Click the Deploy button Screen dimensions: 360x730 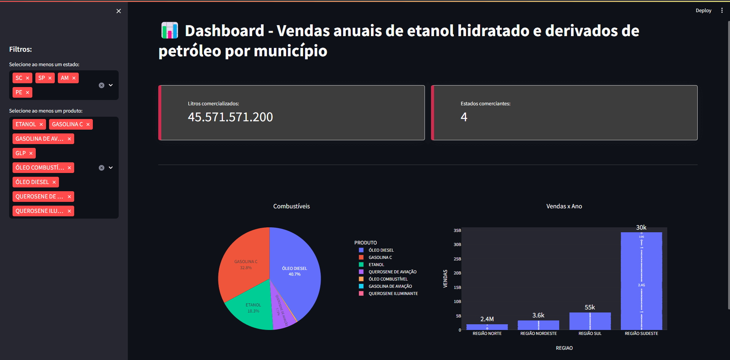click(x=703, y=11)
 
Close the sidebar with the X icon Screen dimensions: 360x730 click(x=119, y=11)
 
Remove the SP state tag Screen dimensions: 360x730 click(x=50, y=78)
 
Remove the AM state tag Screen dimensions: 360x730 click(x=74, y=78)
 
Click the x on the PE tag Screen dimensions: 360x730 click(x=27, y=92)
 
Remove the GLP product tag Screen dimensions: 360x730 click(x=31, y=153)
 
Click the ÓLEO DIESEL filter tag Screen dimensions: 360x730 click(x=32, y=182)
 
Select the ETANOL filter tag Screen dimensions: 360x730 click(x=25, y=124)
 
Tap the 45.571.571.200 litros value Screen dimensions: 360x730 click(x=230, y=117)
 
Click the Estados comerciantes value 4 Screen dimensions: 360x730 click(x=464, y=117)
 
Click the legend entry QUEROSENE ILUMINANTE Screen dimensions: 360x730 click(x=393, y=293)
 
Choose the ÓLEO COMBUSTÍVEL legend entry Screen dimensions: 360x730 click(x=388, y=279)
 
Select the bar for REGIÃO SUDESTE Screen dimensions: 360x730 click(x=641, y=281)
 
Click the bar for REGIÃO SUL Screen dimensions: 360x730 click(x=590, y=321)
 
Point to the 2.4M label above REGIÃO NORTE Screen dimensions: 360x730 click(x=487, y=319)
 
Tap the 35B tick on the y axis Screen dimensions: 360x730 click(x=457, y=230)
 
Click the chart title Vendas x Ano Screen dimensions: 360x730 click(x=564, y=206)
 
